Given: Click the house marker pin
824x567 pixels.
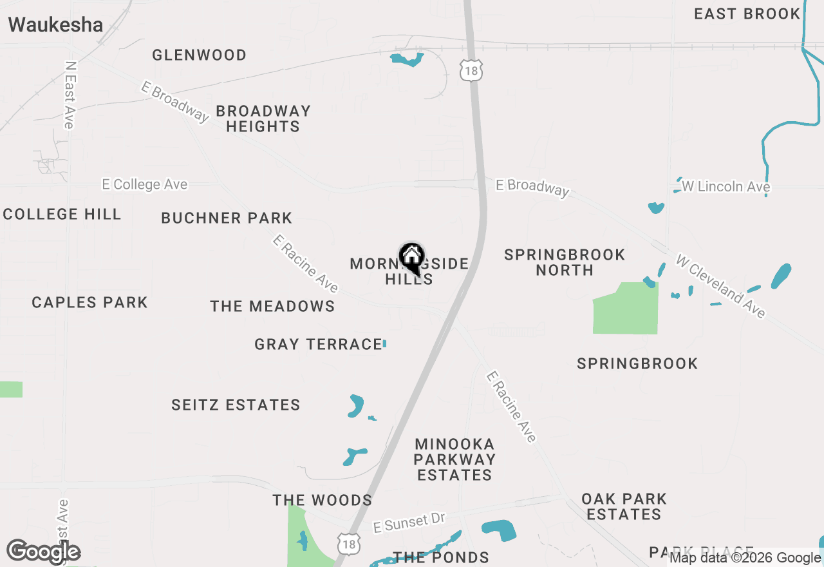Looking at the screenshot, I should tap(411, 258).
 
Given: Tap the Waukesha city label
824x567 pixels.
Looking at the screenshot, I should tap(55, 25).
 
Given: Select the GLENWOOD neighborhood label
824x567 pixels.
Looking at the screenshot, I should tap(199, 55).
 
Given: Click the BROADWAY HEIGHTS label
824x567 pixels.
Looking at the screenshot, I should tap(263, 119).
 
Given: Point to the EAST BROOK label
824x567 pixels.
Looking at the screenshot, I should tap(747, 14).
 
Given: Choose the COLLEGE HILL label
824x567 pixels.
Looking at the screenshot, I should tap(62, 215).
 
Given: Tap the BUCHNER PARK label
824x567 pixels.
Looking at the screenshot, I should tap(227, 218).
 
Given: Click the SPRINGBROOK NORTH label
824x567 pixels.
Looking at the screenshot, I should tap(565, 262).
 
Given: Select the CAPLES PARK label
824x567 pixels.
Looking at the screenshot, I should tap(89, 303).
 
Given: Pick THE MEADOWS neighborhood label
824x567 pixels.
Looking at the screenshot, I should tap(272, 307).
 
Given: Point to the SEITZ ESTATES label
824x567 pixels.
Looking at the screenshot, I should tap(236, 405).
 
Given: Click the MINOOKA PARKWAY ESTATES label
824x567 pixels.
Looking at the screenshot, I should tap(454, 459).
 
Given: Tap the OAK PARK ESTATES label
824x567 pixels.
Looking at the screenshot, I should tap(624, 506).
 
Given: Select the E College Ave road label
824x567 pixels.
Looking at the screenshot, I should tap(145, 185).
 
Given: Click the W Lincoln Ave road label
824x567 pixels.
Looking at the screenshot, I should tap(726, 187).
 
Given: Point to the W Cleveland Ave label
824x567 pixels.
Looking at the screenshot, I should tap(720, 285).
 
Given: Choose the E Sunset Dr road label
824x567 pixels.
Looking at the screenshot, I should tap(409, 523).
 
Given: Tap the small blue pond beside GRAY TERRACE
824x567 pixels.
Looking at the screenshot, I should tap(384, 344).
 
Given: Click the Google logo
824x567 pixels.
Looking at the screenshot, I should tap(44, 552).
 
